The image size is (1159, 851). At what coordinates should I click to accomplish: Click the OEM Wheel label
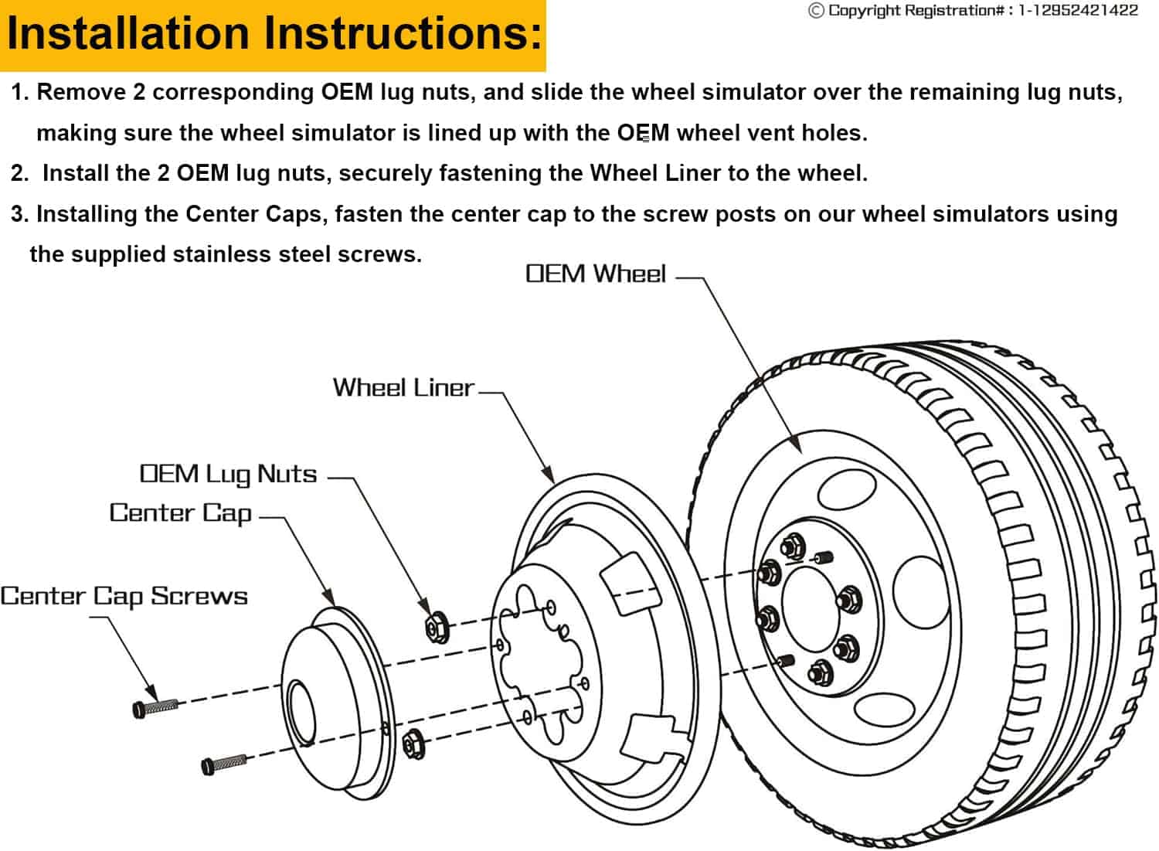coord(595,274)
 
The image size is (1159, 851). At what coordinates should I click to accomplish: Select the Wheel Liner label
coord(403,387)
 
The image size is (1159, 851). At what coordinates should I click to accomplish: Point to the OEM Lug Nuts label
coord(228,474)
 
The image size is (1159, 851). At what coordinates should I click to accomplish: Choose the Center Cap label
coord(181,513)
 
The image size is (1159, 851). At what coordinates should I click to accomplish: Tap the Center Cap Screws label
coord(124,596)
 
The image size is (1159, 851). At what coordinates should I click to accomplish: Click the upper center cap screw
coord(155,707)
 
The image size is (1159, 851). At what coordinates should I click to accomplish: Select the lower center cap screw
coord(224,764)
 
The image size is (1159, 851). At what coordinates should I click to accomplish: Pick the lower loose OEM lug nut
coord(414,744)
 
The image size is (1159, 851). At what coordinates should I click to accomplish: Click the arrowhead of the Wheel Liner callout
coord(549,475)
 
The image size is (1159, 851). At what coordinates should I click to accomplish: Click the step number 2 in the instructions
coord(19,173)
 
